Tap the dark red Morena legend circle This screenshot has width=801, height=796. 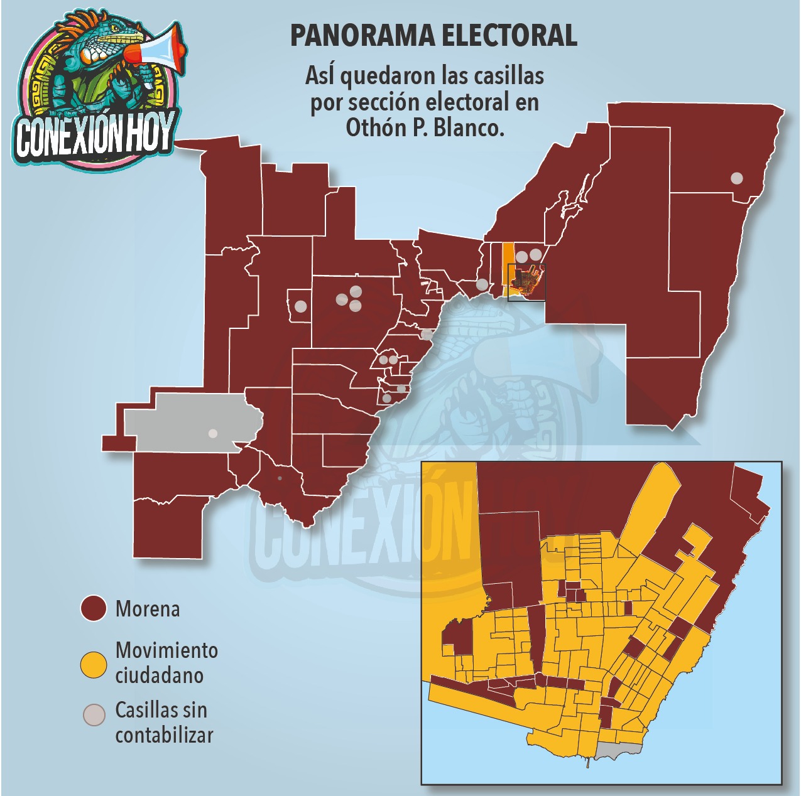pyautogui.click(x=94, y=608)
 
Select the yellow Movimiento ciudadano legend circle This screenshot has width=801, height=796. pyautogui.click(x=94, y=664)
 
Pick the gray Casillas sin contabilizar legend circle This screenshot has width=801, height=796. pyautogui.click(x=94, y=716)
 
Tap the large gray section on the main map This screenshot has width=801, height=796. pyautogui.click(x=188, y=421)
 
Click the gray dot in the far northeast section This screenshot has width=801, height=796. pyautogui.click(x=736, y=178)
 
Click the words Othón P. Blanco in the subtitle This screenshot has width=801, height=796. pyautogui.click(x=425, y=128)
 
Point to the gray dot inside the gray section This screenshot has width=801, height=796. pyautogui.click(x=213, y=433)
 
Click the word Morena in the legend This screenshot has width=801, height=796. pyautogui.click(x=148, y=609)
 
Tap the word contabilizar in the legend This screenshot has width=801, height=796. pyautogui.click(x=165, y=735)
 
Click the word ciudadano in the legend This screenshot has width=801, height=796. pyautogui.click(x=160, y=676)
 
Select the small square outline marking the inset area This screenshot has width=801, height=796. pyautogui.click(x=526, y=282)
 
